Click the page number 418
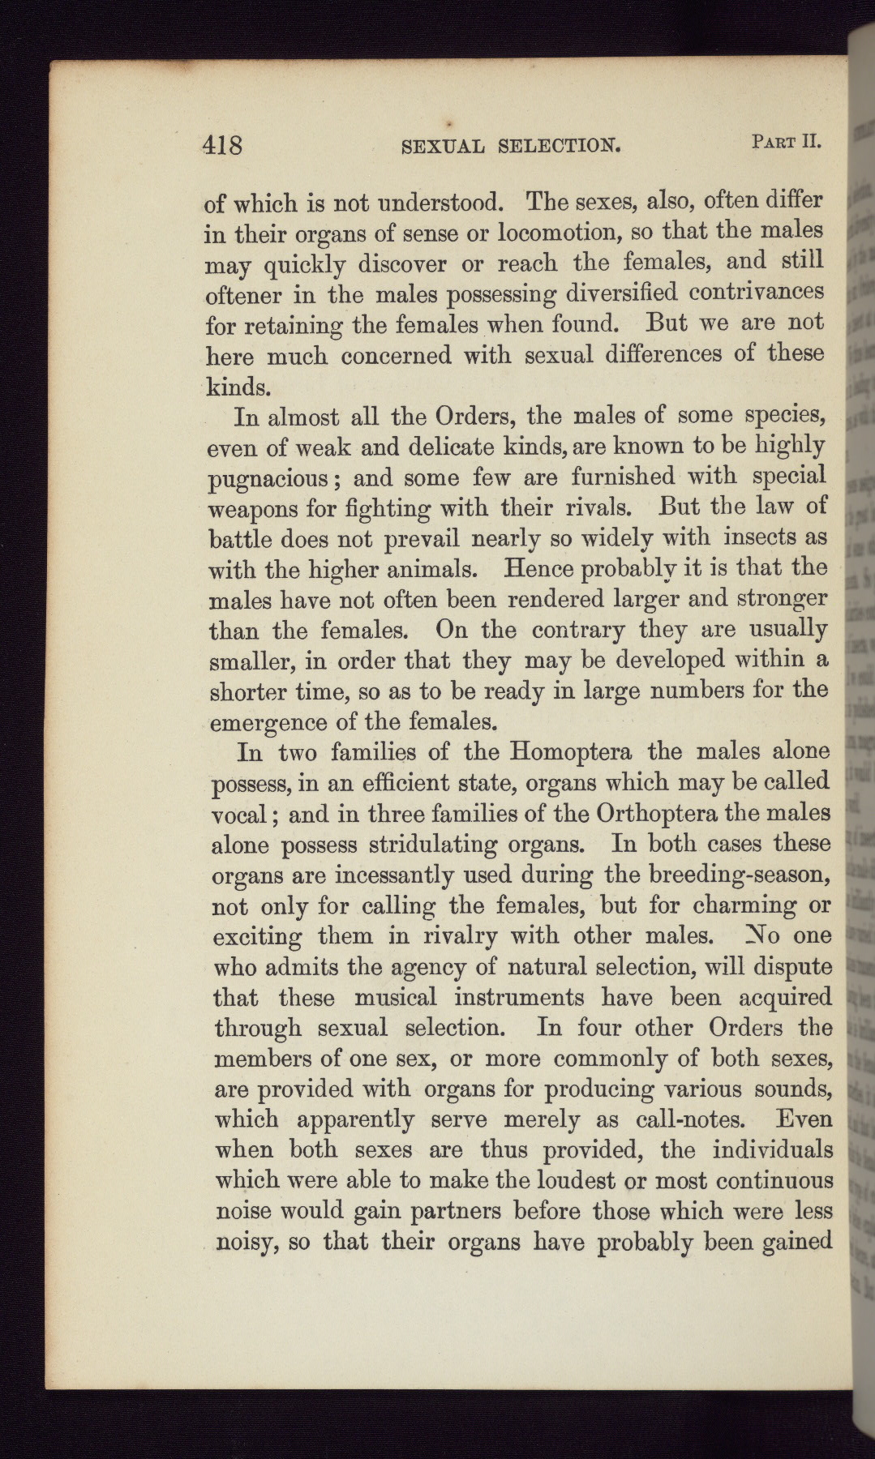coord(223,147)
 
